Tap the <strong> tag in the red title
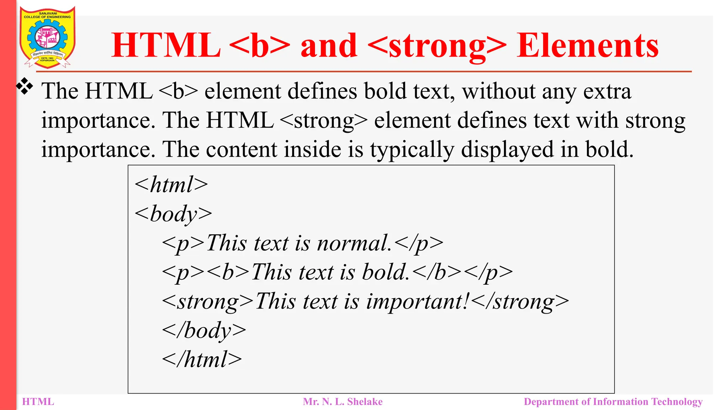(437, 46)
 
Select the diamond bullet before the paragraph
(25, 86)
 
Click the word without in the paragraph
(498, 91)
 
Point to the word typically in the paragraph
(412, 149)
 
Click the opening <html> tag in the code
(171, 185)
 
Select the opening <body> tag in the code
(173, 214)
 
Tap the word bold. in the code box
(386, 273)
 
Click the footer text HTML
(38, 402)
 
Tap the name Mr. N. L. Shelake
(342, 402)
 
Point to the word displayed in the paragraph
(507, 149)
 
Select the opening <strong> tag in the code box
(208, 302)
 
